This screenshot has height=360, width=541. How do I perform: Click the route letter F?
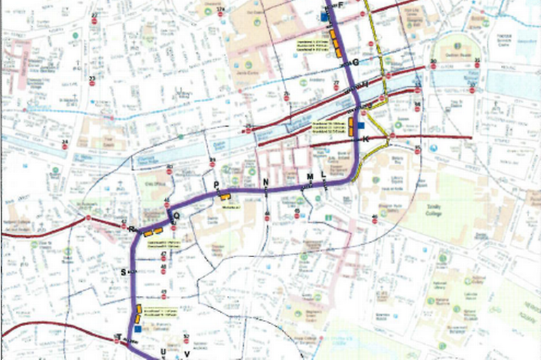tap(341, 6)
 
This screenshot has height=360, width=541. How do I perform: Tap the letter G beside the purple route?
tap(356, 63)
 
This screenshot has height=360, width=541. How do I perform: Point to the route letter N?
tap(266, 183)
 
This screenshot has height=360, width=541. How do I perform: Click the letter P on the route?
tap(216, 186)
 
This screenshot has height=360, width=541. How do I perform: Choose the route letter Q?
tap(177, 216)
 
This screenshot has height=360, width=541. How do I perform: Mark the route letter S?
tap(123, 271)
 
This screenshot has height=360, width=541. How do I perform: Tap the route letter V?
tap(187, 353)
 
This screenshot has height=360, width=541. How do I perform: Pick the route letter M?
tap(309, 176)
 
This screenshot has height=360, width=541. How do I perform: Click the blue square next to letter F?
tap(324, 15)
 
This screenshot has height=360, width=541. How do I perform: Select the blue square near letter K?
tap(361, 125)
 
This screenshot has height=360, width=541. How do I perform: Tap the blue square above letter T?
tap(137, 328)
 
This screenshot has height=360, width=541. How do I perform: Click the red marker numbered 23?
tap(92, 82)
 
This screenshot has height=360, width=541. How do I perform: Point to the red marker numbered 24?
tap(65, 146)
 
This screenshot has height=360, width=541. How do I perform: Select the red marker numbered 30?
tap(433, 65)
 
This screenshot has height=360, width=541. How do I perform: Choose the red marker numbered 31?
tap(477, 64)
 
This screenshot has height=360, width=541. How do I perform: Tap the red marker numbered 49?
tap(163, 297)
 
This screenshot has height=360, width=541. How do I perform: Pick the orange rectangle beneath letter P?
tap(225, 199)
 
